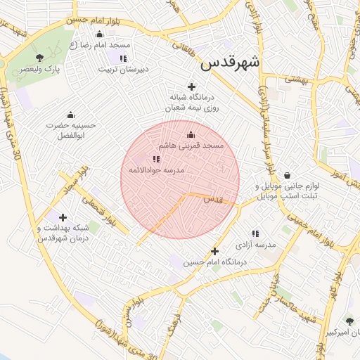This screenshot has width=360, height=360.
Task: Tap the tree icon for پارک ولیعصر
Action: coord(39,58)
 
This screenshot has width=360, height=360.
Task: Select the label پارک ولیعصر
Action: coord(39,70)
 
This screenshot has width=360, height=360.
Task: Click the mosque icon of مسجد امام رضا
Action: coord(99,34)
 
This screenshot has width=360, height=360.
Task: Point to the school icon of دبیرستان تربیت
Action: coord(124,58)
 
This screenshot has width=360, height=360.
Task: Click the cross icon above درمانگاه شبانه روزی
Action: coord(191,86)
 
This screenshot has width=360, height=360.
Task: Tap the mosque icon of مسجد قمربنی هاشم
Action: coord(191,134)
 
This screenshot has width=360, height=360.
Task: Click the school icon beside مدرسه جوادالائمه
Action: coord(156,160)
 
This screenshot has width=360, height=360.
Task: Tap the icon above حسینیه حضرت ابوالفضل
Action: coord(70,115)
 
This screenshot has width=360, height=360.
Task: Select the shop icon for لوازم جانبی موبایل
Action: coord(287,176)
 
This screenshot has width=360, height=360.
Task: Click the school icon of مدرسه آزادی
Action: coord(255,233)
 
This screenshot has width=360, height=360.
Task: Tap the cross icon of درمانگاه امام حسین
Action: coord(215,251)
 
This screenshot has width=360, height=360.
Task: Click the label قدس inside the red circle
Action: coord(213,200)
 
